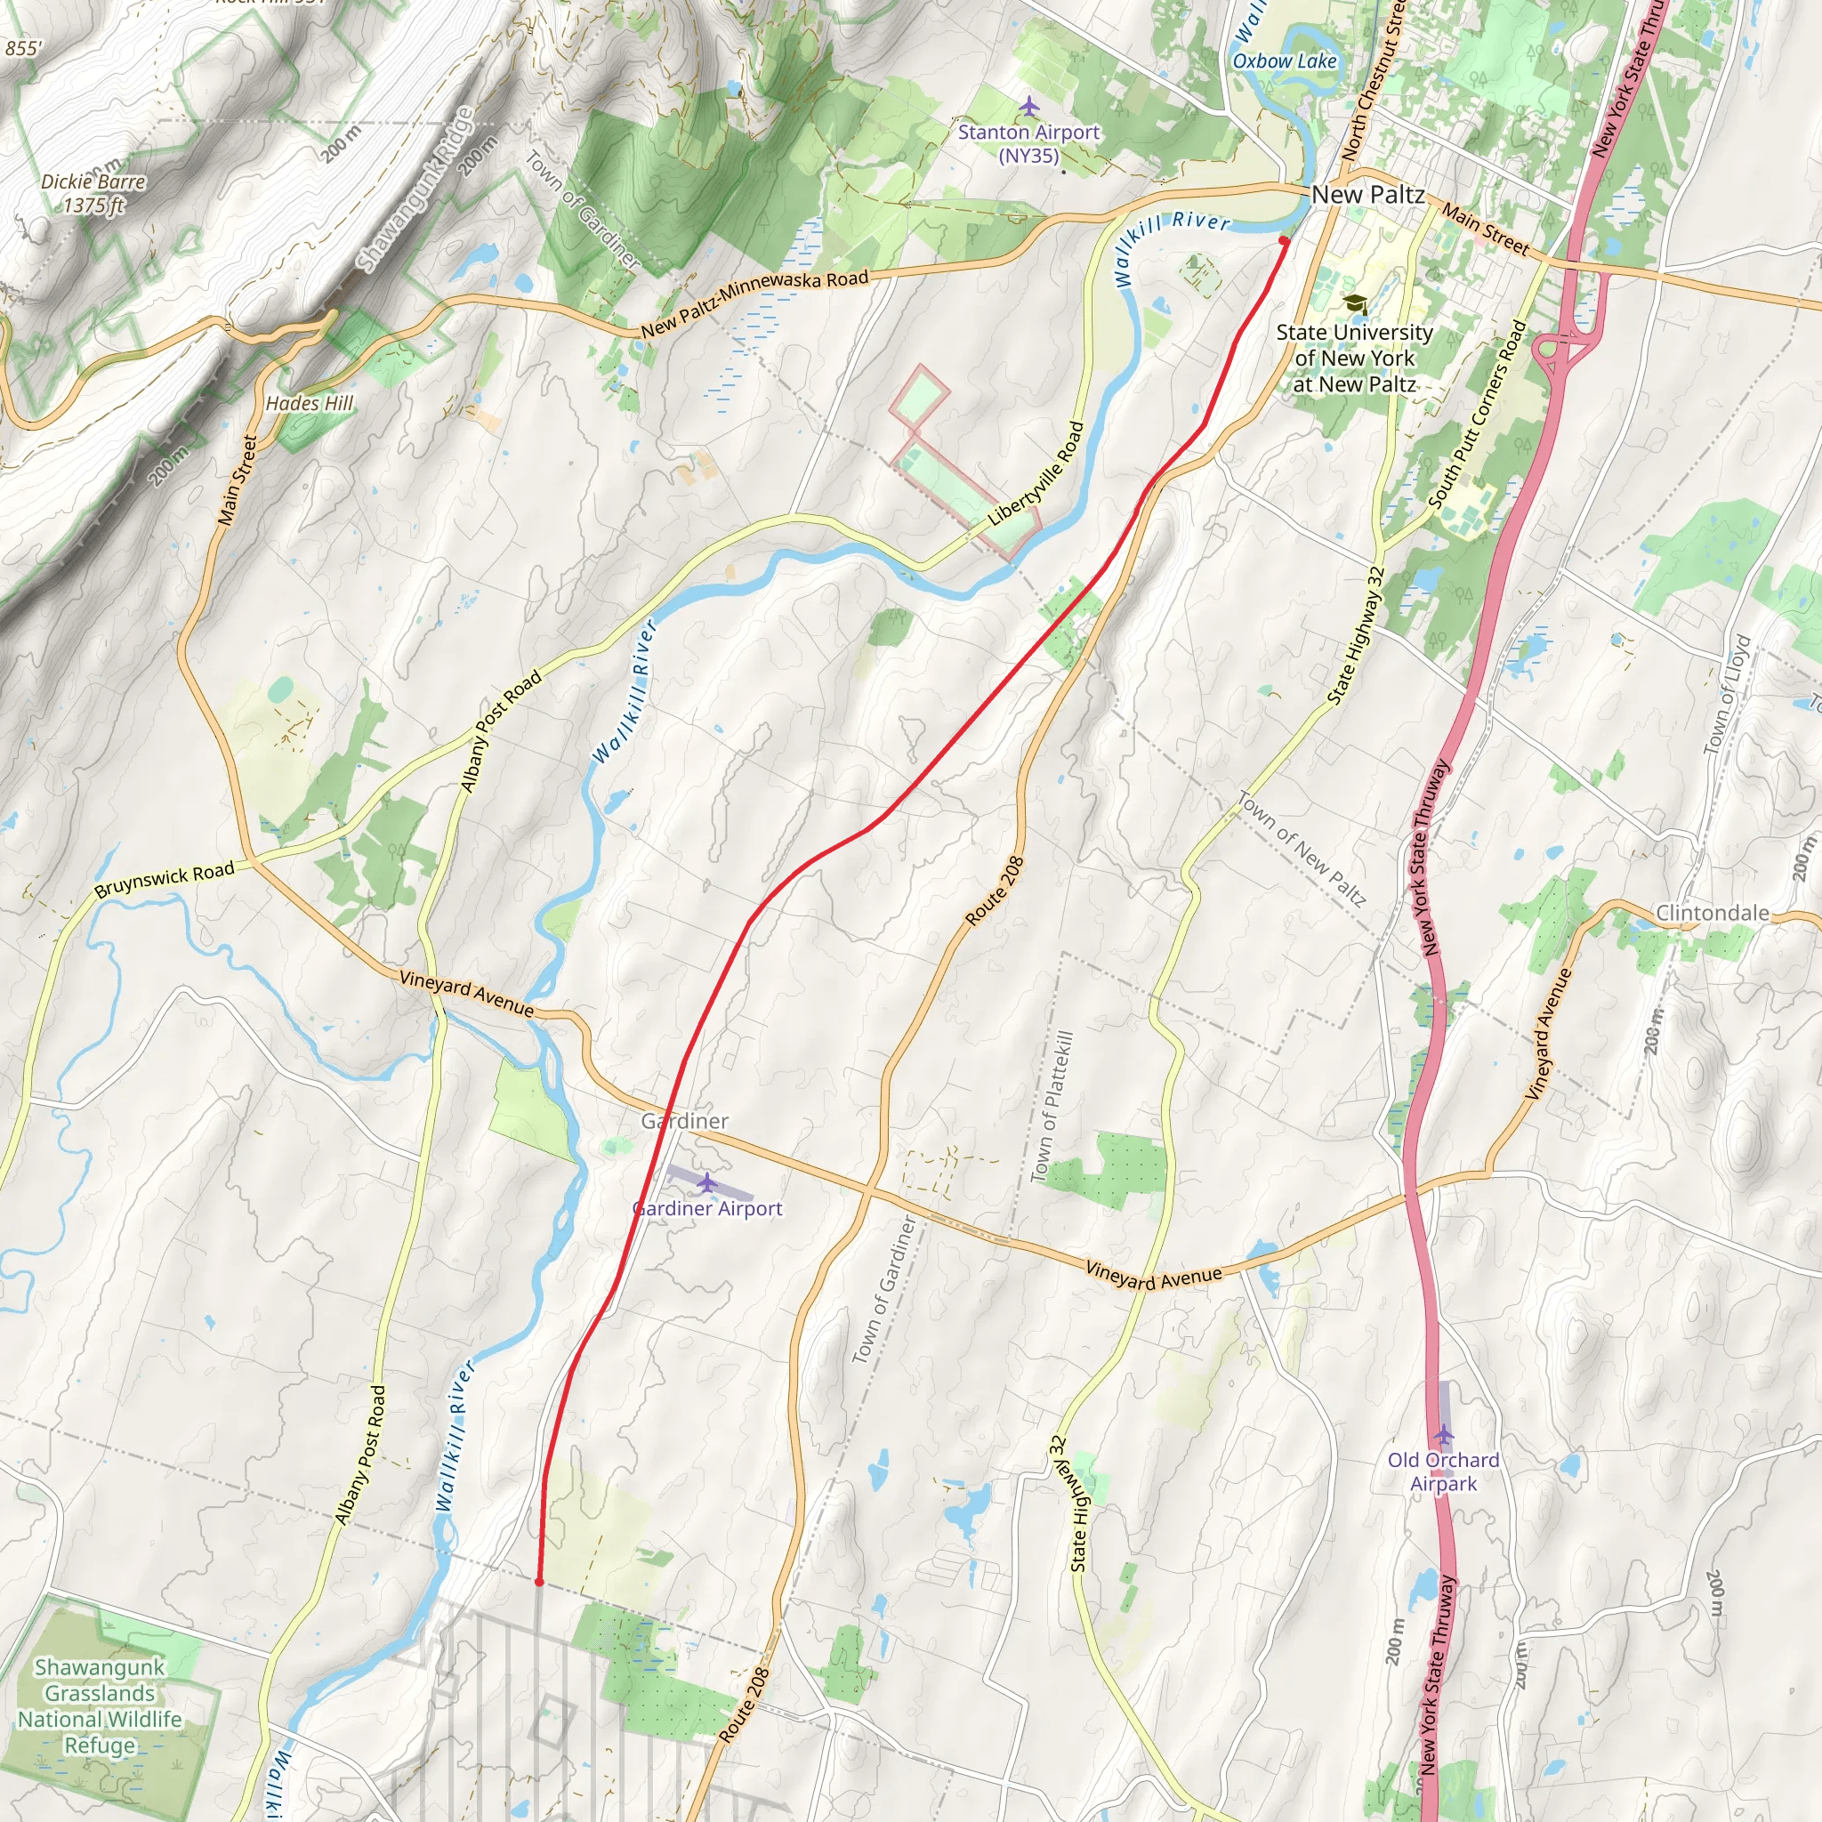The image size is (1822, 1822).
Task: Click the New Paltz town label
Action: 1367,194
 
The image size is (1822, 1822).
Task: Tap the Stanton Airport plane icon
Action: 1029,106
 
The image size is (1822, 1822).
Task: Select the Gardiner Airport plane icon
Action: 707,1182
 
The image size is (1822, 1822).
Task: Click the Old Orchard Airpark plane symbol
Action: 1444,1434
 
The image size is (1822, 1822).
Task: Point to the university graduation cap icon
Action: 1355,304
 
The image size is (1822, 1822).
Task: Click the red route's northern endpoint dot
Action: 1284,241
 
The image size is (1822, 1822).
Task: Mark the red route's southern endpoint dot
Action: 538,1582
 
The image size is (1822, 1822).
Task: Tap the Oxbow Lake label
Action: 1285,61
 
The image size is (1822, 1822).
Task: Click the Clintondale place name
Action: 1712,913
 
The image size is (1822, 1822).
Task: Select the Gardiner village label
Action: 685,1121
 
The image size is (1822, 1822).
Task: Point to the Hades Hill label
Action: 309,404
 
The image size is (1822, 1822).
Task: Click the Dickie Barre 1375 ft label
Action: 93,193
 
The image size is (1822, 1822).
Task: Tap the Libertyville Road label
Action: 1036,474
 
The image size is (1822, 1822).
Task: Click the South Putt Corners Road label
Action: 1477,415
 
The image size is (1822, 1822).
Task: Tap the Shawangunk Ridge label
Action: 415,189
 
